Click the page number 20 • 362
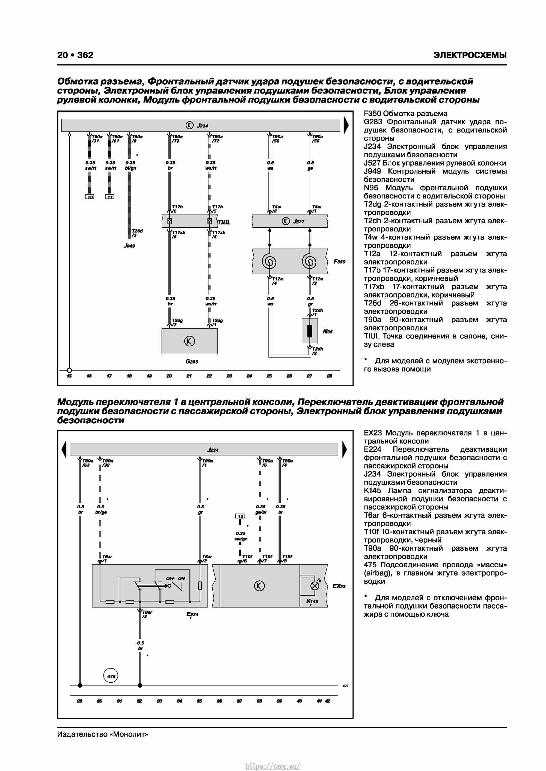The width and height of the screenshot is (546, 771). pos(75,55)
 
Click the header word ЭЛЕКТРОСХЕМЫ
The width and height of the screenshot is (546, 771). pos(470,55)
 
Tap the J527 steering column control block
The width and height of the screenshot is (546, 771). pos(290,221)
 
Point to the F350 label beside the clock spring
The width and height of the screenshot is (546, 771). pos(339,262)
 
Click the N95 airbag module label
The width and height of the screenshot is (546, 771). pos(328,331)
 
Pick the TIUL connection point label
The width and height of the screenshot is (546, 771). pos(224,222)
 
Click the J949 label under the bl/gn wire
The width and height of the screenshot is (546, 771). pos(129,246)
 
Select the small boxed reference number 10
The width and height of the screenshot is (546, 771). pos(90,197)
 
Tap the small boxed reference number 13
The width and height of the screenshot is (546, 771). pos(240,516)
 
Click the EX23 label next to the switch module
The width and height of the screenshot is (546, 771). pos(339,586)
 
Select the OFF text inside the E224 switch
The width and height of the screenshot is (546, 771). pos(170,578)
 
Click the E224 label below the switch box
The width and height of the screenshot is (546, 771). pos(192,614)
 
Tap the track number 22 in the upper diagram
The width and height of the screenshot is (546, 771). pos(209,376)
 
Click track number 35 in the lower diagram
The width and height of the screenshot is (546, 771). pos(199,701)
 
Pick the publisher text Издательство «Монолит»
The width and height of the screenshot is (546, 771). pos(103,734)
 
